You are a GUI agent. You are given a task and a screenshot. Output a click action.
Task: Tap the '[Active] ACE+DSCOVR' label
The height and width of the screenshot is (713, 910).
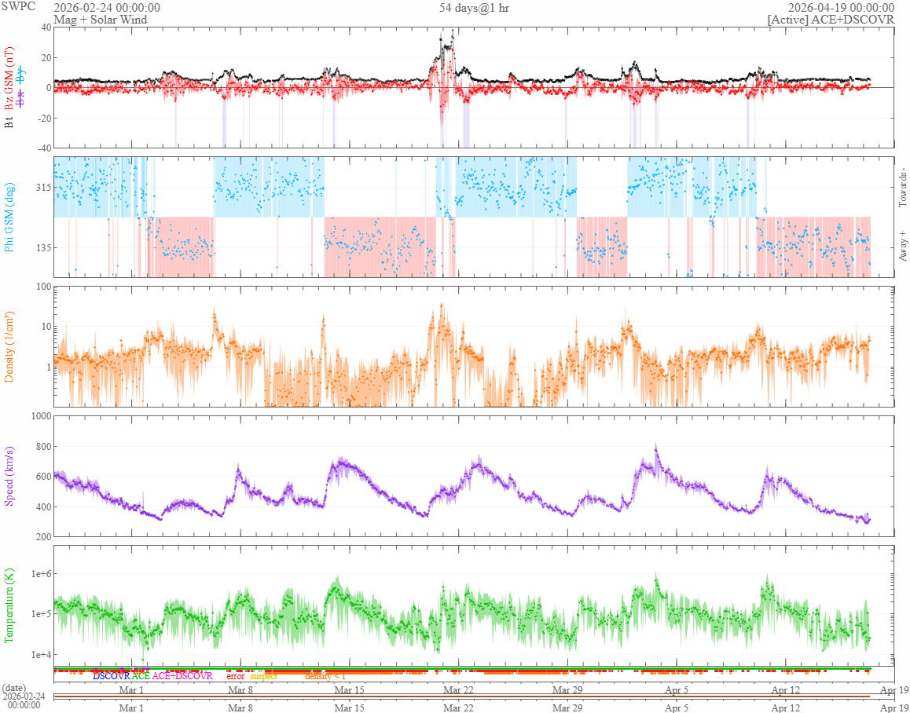coord(831,19)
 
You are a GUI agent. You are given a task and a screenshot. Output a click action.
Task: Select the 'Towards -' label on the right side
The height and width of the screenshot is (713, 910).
coord(901,188)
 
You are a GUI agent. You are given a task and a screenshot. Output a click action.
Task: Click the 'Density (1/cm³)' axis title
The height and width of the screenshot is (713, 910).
coord(10,346)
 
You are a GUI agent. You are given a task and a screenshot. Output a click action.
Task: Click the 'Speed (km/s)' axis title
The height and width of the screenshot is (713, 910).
coord(10,476)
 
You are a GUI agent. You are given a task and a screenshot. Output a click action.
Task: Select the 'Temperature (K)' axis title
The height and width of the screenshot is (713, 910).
coord(10,605)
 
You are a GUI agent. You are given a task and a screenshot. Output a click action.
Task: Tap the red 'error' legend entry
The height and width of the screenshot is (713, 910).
coord(236,675)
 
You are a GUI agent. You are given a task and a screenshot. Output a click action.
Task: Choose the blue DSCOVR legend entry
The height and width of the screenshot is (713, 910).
coord(111,675)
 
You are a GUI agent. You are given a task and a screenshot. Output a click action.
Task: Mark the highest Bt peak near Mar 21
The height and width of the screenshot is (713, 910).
coord(453,31)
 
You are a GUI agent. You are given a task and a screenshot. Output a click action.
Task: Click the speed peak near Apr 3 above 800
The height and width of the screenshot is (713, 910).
coord(656,445)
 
